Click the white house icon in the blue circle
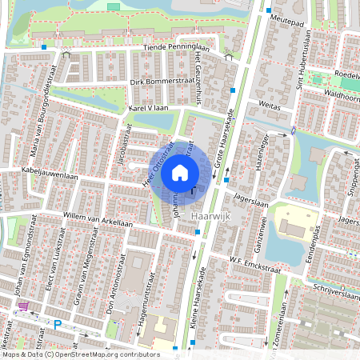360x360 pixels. pyautogui.click(x=180, y=172)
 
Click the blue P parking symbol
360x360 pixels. pyautogui.click(x=57, y=325)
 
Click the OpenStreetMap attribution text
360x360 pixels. pyautogui.click(x=80, y=354)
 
